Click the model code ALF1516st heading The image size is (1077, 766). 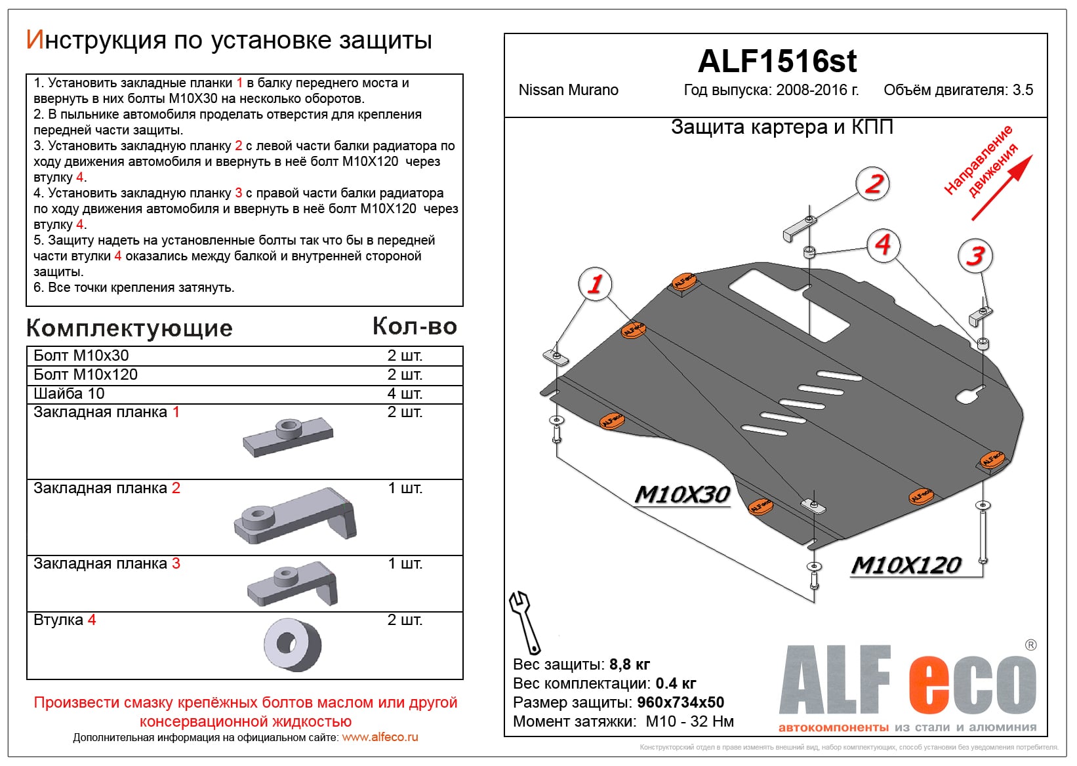pyautogui.click(x=777, y=61)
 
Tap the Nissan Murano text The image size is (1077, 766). pyautogui.click(x=568, y=90)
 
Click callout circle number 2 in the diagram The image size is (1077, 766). pyautogui.click(x=873, y=184)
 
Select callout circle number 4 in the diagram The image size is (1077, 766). pyautogui.click(x=883, y=245)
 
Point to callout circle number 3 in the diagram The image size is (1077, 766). pyautogui.click(x=975, y=256)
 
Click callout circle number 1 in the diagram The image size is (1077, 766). pyautogui.click(x=595, y=284)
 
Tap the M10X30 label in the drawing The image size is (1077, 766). pyautogui.click(x=682, y=494)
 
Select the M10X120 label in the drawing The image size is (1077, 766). pyautogui.click(x=906, y=565)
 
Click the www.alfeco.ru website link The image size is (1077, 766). pyautogui.click(x=380, y=737)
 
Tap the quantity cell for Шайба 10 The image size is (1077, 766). pyautogui.click(x=405, y=393)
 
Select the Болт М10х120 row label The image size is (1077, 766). pyautogui.click(x=86, y=374)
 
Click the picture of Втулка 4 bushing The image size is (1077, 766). pyautogui.click(x=293, y=644)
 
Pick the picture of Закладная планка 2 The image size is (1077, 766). pyautogui.click(x=295, y=516)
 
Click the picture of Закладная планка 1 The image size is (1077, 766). pyautogui.click(x=288, y=437)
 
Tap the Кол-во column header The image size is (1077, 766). pyautogui.click(x=415, y=326)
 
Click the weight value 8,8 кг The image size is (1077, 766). pyautogui.click(x=630, y=664)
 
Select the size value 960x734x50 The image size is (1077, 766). pyautogui.click(x=680, y=702)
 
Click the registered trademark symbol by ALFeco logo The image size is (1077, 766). pyautogui.click(x=1030, y=645)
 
